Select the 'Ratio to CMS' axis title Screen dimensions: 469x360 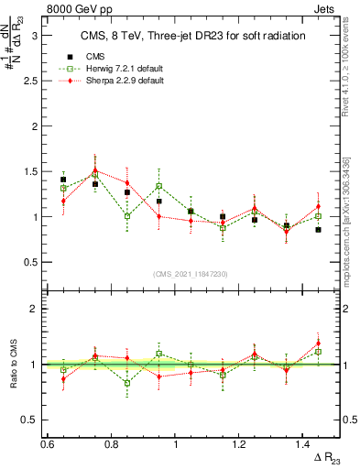[x=13, y=364]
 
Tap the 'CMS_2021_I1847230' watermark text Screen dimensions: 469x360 [x=191, y=274]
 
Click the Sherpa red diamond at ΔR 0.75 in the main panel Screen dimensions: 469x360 [x=95, y=169]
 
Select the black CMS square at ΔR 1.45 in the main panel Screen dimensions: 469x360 [x=318, y=230]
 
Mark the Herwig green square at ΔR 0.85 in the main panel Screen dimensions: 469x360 [x=127, y=216]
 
